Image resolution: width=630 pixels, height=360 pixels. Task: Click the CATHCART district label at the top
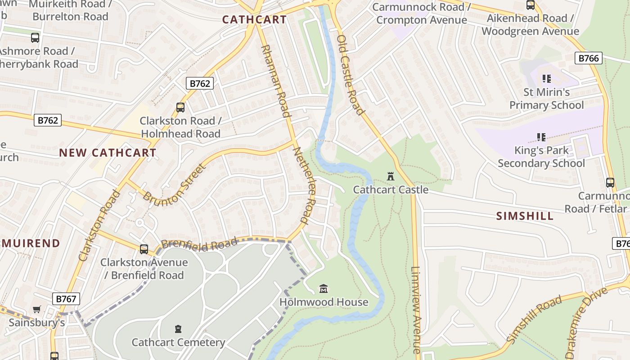254,20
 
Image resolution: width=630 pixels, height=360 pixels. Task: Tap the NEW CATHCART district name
108,153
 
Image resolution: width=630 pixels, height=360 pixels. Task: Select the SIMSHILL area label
525,216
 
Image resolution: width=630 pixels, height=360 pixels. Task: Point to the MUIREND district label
31,244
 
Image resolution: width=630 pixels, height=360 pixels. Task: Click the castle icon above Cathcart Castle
391,176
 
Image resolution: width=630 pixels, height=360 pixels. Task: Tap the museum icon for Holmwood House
324,288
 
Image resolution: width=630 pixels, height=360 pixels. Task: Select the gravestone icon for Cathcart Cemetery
178,329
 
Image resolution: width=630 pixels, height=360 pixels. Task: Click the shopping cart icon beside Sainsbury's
37,310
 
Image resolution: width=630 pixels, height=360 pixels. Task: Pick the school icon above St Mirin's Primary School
547,79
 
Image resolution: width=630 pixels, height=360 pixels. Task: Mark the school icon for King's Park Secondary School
541,137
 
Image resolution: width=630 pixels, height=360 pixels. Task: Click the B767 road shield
66,299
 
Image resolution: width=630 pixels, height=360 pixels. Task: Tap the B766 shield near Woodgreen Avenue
588,58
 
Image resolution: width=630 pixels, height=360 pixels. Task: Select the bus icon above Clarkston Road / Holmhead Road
180,107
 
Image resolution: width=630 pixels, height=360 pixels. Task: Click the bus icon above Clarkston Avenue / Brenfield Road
144,249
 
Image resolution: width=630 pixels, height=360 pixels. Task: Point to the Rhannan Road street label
275,81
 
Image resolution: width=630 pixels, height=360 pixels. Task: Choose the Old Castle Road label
350,74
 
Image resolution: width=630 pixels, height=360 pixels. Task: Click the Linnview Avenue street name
416,310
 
